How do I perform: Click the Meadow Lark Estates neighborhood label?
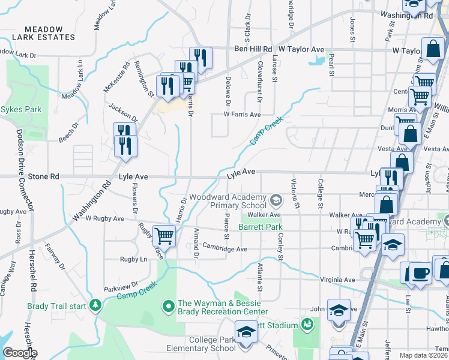(50, 33)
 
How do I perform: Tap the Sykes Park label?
(21, 109)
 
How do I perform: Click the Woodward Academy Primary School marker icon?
(276, 199)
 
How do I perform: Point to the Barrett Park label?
(260, 227)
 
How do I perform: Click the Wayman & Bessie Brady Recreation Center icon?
(169, 307)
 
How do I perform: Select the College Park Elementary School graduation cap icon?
(246, 331)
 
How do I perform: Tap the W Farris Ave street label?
(242, 114)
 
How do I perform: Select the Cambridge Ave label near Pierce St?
(224, 249)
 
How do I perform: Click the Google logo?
(20, 353)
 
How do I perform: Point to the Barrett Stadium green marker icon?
(307, 325)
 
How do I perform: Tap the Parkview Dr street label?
(121, 287)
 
